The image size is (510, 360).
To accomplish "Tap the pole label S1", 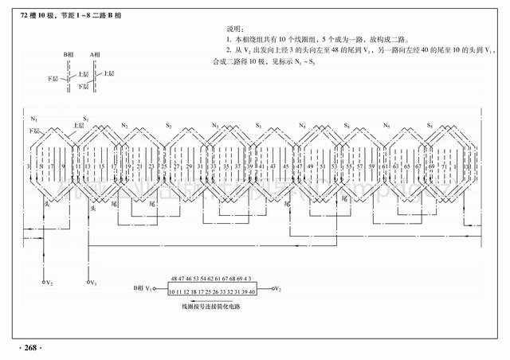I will pyautogui.click(x=85, y=119).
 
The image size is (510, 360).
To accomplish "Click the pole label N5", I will pyautogui.click(x=386, y=126).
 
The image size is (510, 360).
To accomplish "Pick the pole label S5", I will pyautogui.click(x=430, y=126).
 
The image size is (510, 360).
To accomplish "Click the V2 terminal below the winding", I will pyautogui.click(x=46, y=283).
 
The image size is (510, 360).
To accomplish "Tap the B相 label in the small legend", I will pyautogui.click(x=69, y=54).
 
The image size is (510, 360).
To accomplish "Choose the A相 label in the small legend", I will pyautogui.click(x=96, y=54).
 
